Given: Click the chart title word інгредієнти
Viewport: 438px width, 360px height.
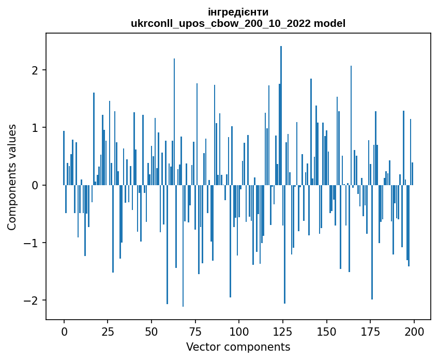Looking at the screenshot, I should point(238,12).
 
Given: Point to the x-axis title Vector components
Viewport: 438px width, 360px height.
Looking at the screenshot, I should point(238,347).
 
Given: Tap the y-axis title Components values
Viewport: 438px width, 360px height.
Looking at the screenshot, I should point(12,177).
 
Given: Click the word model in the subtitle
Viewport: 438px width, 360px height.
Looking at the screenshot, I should point(332,23).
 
